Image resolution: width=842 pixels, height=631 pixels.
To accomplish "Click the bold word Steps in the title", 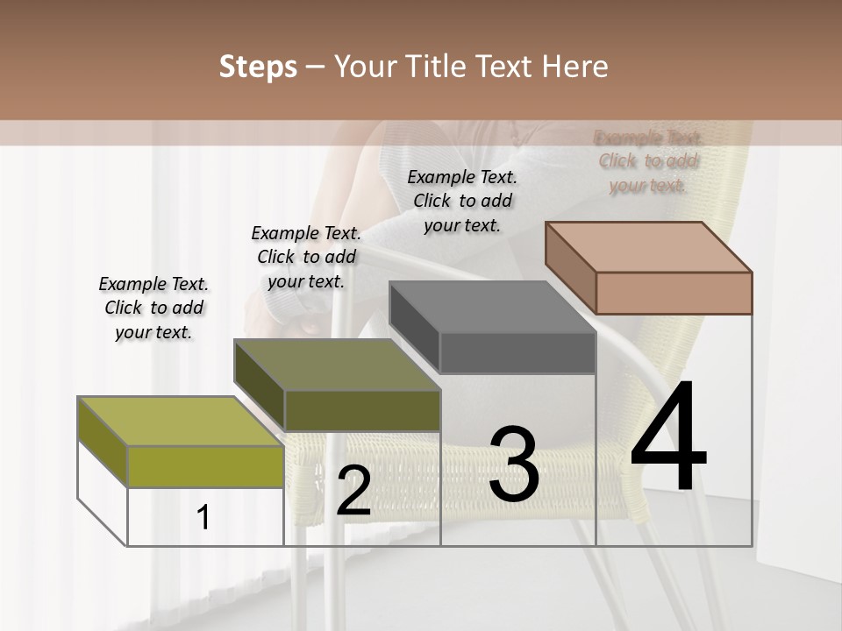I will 258,67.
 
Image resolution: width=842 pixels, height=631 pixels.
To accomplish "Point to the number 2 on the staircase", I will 353,491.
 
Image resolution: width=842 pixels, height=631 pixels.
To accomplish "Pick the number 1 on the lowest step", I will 203,518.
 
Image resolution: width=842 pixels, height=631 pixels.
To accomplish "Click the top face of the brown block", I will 649,246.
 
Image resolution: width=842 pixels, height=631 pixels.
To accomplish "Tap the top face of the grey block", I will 492,307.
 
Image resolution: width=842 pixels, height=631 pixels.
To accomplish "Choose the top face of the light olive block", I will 181,422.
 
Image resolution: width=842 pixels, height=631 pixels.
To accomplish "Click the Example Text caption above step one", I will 153,308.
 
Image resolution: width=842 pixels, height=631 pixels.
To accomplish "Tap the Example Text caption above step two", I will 306,257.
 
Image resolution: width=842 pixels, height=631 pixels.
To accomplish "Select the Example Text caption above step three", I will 462,201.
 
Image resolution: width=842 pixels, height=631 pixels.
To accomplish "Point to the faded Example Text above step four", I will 648,161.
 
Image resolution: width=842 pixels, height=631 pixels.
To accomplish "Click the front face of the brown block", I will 674,293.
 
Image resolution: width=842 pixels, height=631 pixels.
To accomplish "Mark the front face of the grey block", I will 517,353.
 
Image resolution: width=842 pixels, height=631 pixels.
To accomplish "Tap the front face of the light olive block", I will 206,466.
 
